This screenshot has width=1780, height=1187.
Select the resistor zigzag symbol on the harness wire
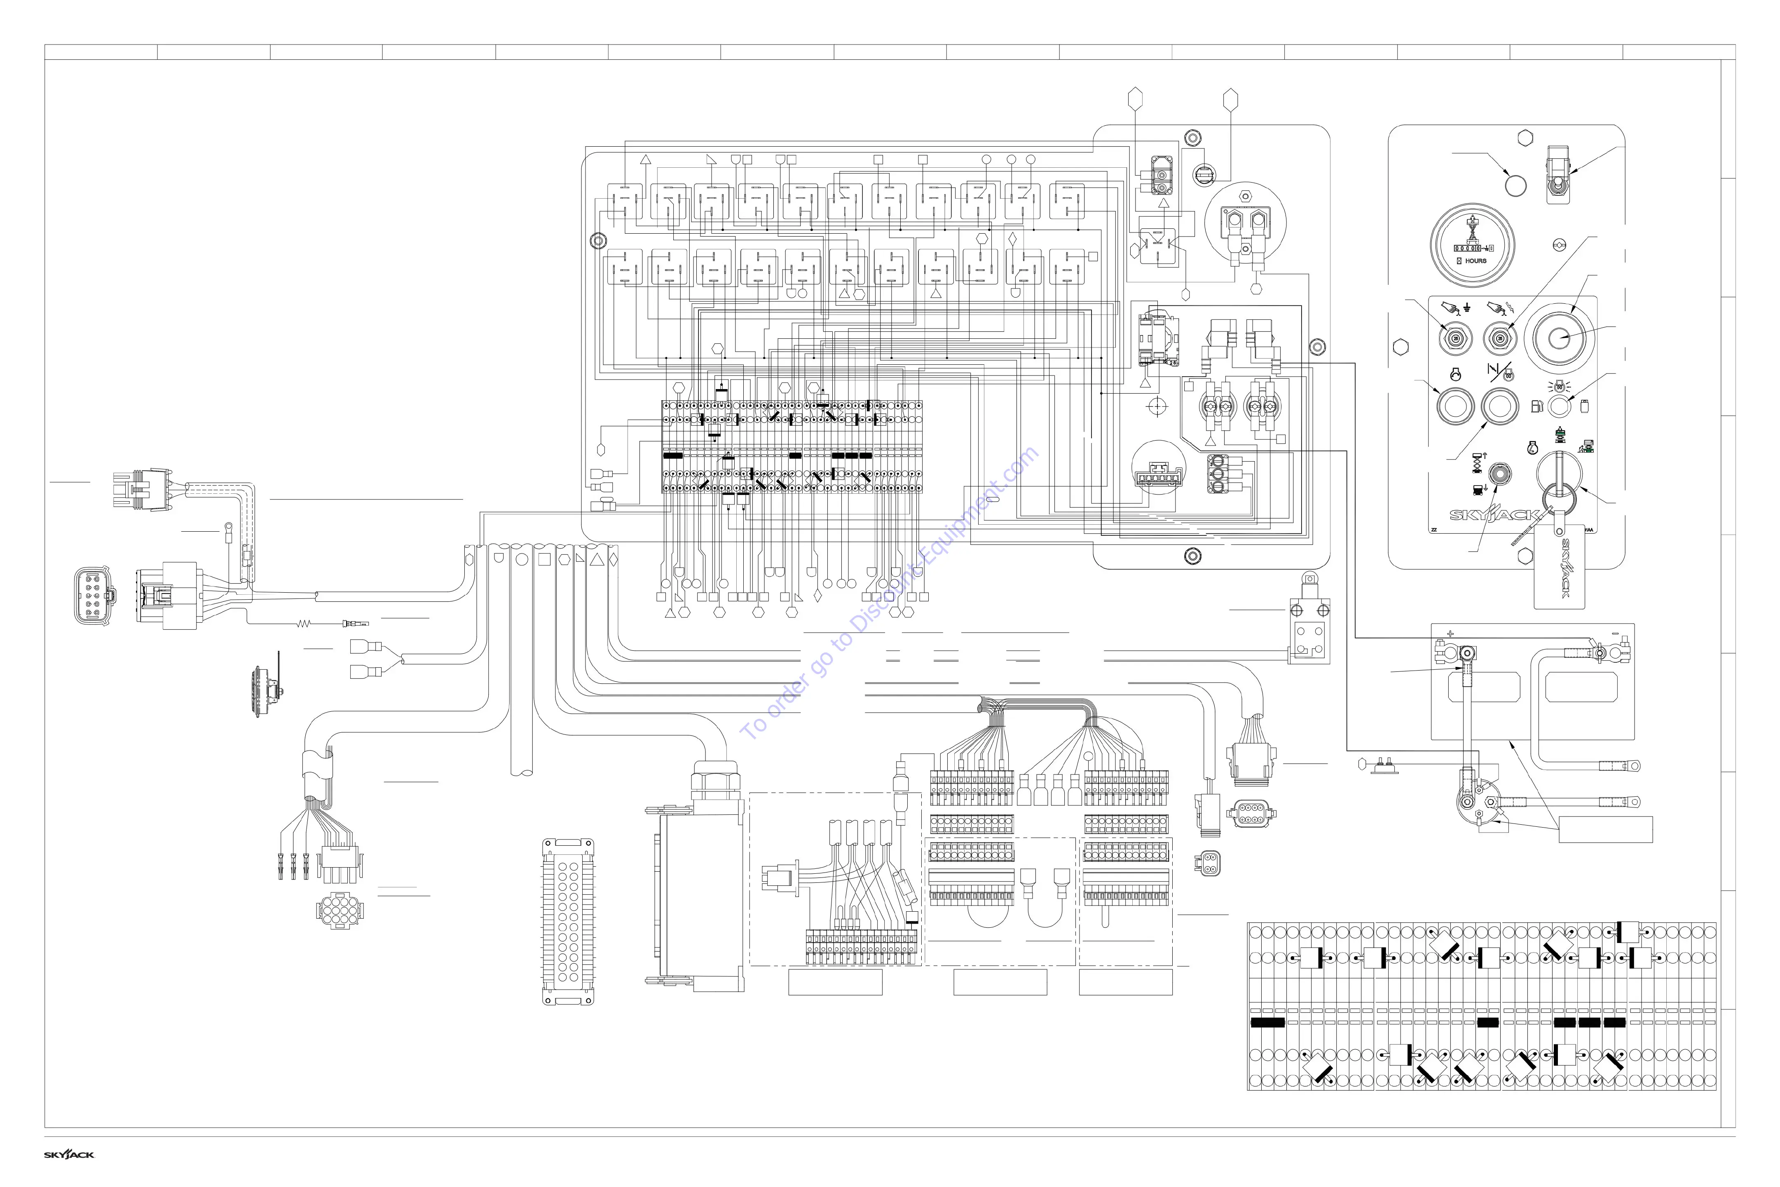click(304, 624)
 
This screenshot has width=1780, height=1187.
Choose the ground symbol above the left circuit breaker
click(1467, 307)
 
